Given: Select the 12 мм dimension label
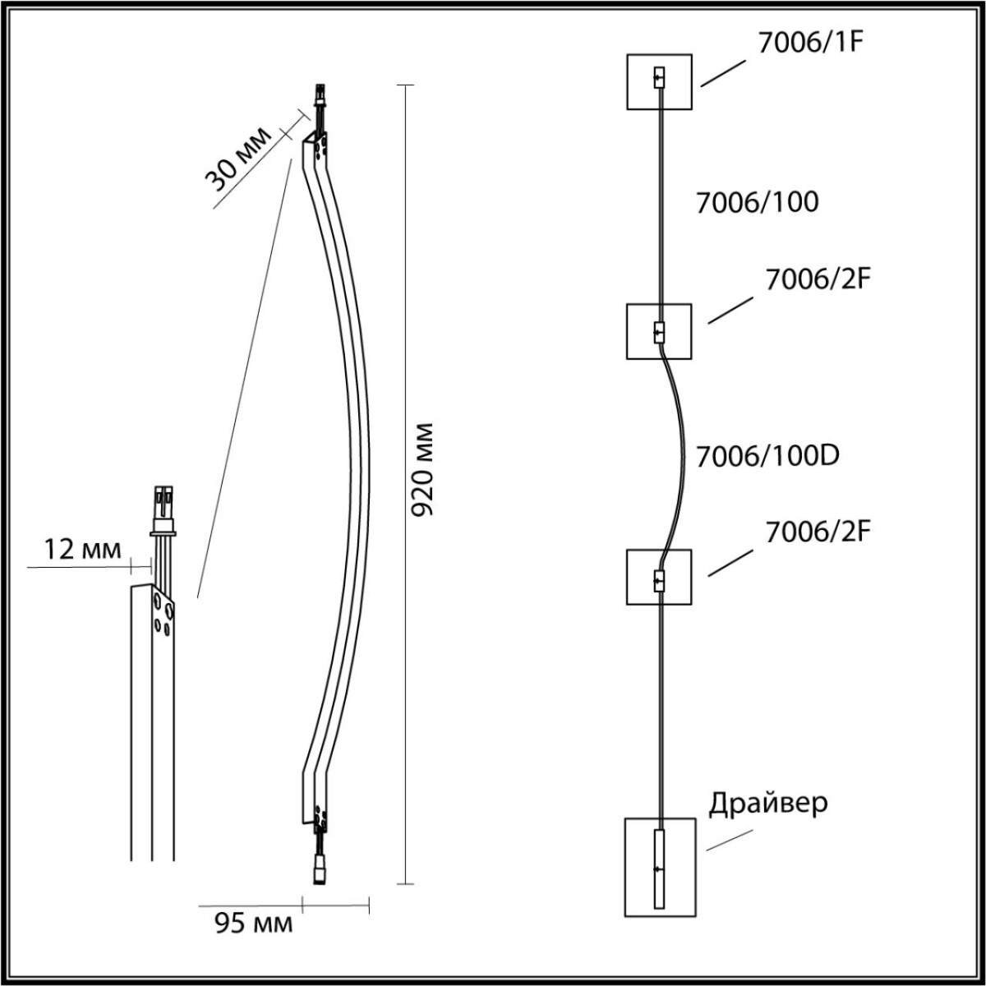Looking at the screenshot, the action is (x=81, y=549).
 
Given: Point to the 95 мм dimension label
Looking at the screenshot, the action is (x=253, y=924).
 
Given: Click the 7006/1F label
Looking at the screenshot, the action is (x=809, y=44).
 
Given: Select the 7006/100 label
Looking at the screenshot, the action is (x=757, y=202).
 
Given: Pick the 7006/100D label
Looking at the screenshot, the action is (x=767, y=455).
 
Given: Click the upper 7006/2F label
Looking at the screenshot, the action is (x=817, y=279).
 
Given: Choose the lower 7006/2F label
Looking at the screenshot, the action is (x=817, y=532).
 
